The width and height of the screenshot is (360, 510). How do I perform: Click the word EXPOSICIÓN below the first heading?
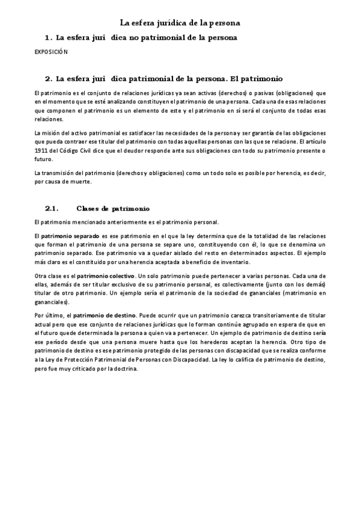(x=50, y=52)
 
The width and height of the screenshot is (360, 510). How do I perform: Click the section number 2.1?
(x=51, y=208)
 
